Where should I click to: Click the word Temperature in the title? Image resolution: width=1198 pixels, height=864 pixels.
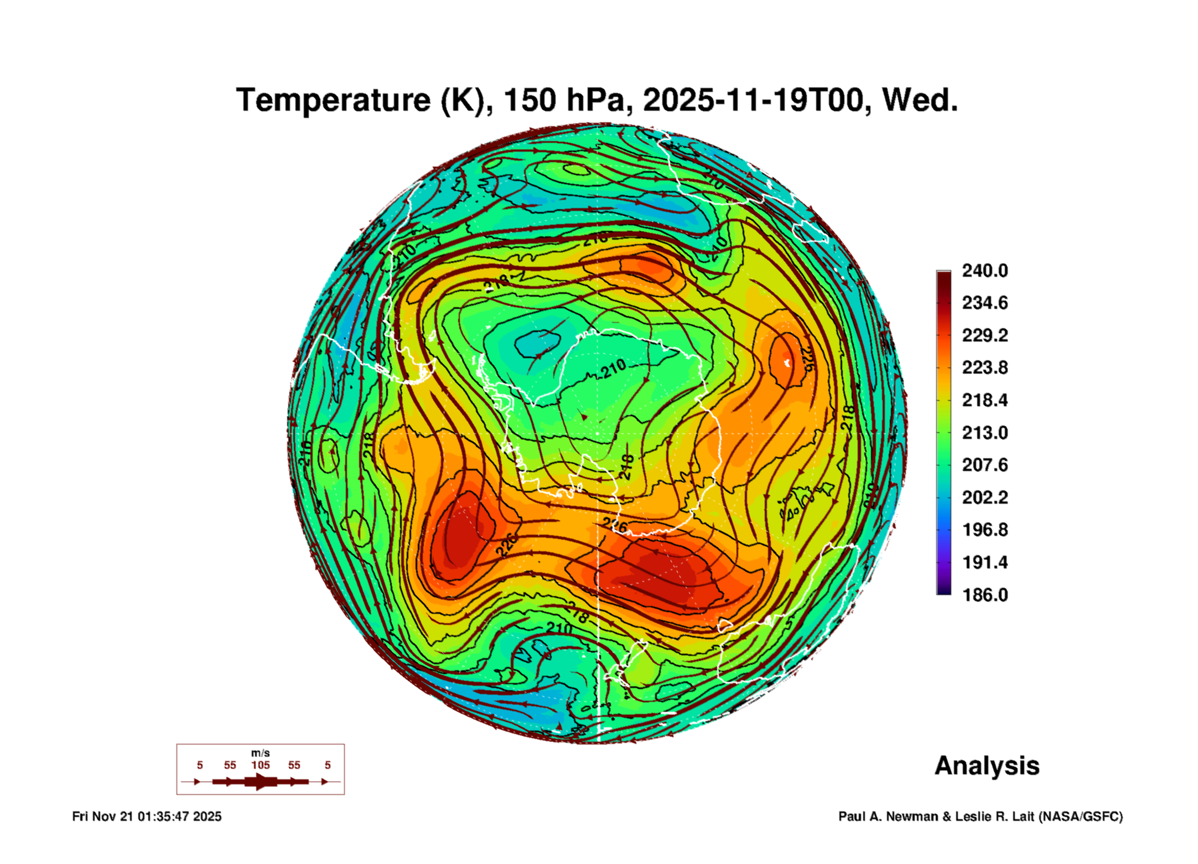pyautogui.click(x=333, y=100)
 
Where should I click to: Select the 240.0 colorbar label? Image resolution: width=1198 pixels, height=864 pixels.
pyautogui.click(x=984, y=271)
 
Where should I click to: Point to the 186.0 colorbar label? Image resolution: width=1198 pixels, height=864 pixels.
pyautogui.click(x=984, y=595)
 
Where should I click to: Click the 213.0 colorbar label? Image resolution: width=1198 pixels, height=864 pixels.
pyautogui.click(x=984, y=433)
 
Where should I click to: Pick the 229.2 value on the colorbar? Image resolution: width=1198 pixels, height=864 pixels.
pyautogui.click(x=984, y=335)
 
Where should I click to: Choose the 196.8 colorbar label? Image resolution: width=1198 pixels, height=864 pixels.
pyautogui.click(x=984, y=530)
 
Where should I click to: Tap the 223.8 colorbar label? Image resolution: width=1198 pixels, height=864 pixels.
pyautogui.click(x=984, y=368)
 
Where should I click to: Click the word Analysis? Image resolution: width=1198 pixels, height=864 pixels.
pyautogui.click(x=987, y=766)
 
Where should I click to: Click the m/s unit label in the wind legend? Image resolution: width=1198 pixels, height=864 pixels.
pyautogui.click(x=261, y=753)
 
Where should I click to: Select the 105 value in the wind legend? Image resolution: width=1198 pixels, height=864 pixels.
pyautogui.click(x=261, y=765)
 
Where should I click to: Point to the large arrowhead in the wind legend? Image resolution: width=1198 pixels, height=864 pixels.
pyautogui.click(x=261, y=782)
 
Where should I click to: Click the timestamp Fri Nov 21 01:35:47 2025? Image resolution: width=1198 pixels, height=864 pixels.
pyautogui.click(x=147, y=817)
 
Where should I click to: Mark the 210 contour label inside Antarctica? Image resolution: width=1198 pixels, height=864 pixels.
pyautogui.click(x=614, y=369)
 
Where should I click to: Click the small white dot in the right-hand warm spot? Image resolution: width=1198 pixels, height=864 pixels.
pyautogui.click(x=787, y=363)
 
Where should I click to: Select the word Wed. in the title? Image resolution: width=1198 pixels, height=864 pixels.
pyautogui.click(x=920, y=100)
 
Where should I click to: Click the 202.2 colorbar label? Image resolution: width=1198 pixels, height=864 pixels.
pyautogui.click(x=984, y=498)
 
